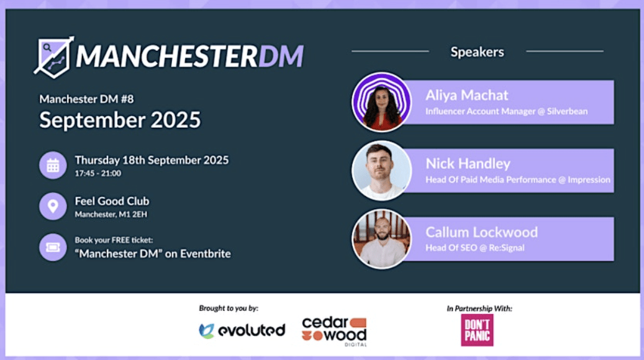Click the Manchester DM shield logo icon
[54, 57]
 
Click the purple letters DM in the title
[281, 56]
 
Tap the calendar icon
[53, 166]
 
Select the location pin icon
[53, 206]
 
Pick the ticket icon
[53, 247]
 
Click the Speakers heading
[477, 52]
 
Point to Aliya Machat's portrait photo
[381, 102]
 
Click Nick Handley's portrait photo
[381, 171]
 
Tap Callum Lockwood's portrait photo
[381, 240]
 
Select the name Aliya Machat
[467, 95]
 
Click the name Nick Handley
[468, 164]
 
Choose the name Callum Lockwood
[482, 232]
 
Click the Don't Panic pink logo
[477, 330]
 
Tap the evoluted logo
[242, 330]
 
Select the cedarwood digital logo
[334, 331]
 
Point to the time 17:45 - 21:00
[98, 173]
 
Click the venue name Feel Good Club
[112, 201]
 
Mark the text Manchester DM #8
[86, 99]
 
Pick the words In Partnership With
[479, 308]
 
